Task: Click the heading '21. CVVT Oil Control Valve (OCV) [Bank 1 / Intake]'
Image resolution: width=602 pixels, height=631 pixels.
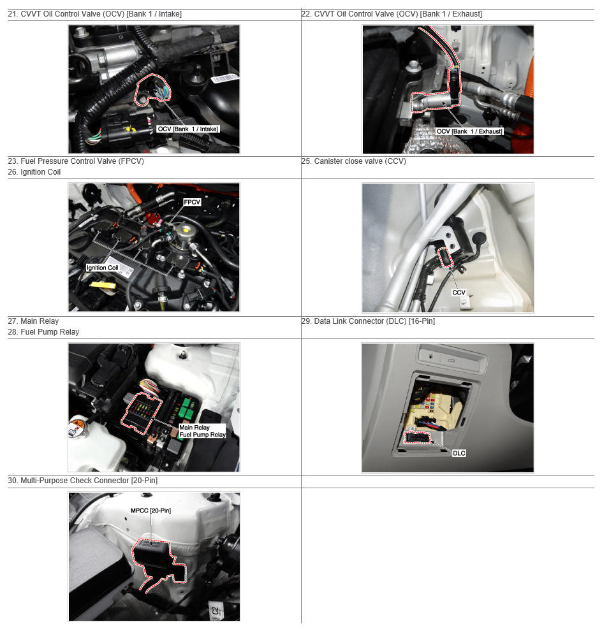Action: (94, 14)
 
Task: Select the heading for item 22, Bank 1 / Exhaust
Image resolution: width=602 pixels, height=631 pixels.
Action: (392, 14)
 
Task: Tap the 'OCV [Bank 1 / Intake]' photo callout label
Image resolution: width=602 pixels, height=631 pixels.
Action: (188, 129)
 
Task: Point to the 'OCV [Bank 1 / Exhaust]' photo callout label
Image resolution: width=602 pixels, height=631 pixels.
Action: (469, 131)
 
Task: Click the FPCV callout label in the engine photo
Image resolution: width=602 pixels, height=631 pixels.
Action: (192, 202)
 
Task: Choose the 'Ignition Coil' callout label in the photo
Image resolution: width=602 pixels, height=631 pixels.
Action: (102, 268)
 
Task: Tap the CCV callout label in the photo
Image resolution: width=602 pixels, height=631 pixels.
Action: (459, 293)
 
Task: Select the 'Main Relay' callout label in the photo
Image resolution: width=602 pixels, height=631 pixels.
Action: (195, 428)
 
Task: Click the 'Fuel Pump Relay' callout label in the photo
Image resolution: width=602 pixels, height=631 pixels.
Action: (202, 435)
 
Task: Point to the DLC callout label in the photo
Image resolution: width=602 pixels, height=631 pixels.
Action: (459, 454)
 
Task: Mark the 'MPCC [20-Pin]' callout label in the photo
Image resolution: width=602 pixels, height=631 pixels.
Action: (150, 511)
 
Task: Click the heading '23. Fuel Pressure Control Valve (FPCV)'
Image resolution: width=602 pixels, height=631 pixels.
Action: (76, 161)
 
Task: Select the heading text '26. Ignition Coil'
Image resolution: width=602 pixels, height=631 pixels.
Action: (34, 172)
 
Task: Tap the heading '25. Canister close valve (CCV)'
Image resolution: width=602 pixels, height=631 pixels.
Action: (354, 161)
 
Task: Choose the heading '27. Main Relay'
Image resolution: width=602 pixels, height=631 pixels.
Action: (33, 321)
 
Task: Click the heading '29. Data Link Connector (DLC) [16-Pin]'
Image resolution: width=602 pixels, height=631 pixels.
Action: (369, 321)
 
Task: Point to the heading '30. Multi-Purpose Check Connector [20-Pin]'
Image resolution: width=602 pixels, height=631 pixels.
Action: (82, 481)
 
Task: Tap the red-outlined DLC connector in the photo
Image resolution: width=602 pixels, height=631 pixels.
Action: (417, 437)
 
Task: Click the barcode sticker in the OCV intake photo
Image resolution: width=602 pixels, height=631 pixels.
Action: (225, 78)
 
